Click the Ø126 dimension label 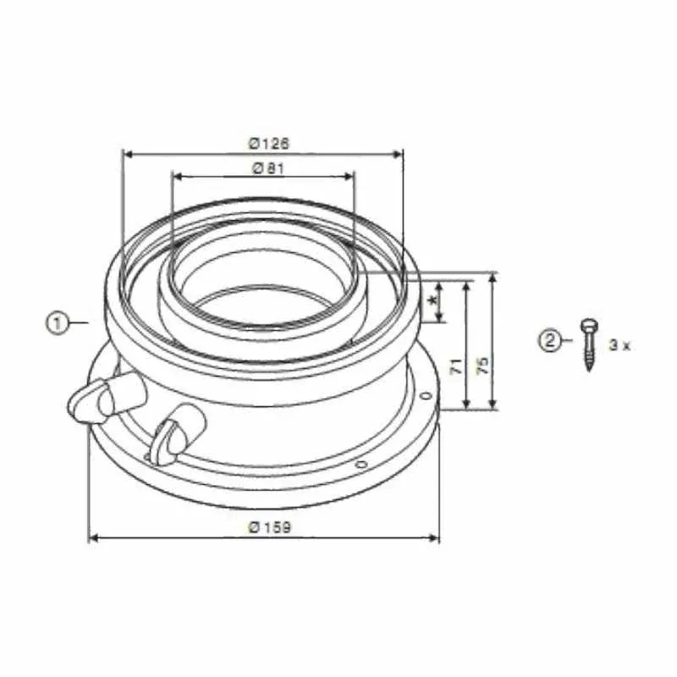coord(268,143)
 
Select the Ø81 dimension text coord(268,168)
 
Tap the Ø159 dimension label coord(270,526)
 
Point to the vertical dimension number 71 coord(456,366)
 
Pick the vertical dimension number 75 coord(483,366)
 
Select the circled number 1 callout coord(58,323)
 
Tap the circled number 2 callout coord(549,340)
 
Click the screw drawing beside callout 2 coord(589,344)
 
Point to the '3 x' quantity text coord(619,345)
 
